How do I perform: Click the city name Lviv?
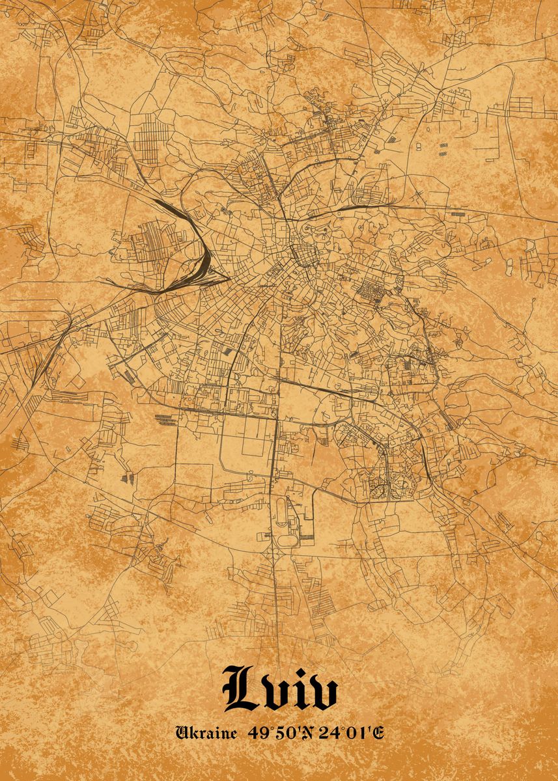(281, 689)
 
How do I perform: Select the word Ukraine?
(206, 733)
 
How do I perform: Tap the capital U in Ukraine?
(183, 733)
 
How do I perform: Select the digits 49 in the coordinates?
(256, 733)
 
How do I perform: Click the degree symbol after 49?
(266, 729)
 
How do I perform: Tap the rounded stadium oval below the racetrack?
(284, 540)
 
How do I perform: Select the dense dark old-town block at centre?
(303, 251)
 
